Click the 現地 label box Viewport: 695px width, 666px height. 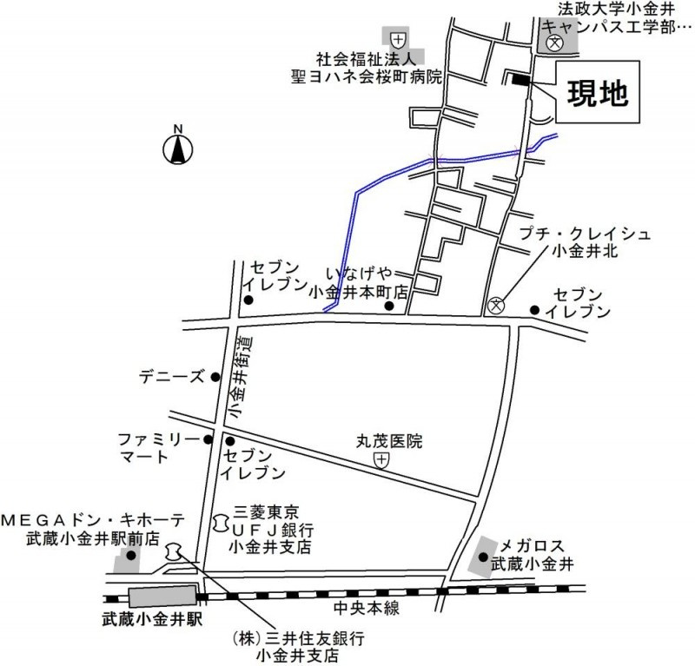click(x=598, y=94)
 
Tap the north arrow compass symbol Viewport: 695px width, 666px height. click(x=178, y=148)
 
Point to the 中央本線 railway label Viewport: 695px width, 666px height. click(x=367, y=609)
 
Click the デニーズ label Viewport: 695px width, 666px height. click(x=172, y=378)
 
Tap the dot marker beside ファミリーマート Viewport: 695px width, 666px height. click(x=208, y=440)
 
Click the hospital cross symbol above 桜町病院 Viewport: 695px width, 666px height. click(x=397, y=38)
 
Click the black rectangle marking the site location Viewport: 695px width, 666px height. click(x=520, y=81)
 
